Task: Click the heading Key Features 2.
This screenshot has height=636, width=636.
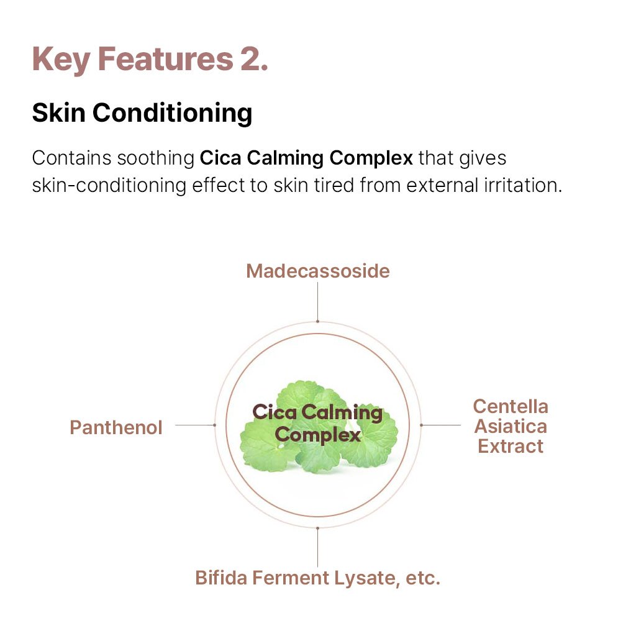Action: (x=150, y=60)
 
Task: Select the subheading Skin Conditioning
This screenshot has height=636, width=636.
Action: (x=142, y=113)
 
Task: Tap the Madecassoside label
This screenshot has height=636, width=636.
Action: (x=317, y=271)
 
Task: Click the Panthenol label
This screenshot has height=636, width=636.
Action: (x=116, y=427)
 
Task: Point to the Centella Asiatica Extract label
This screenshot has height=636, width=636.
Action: (x=511, y=426)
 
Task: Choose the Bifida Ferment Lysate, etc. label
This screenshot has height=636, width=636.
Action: (x=317, y=578)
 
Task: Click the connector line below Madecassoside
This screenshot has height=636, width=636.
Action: (x=317, y=302)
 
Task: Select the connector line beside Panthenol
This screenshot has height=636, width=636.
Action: (x=195, y=425)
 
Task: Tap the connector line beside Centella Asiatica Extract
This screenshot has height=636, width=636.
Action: (x=440, y=425)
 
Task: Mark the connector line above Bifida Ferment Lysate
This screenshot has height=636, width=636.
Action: (x=317, y=547)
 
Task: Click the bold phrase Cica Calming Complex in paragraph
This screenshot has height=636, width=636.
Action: (x=306, y=158)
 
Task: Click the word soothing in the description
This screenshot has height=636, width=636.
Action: (x=156, y=158)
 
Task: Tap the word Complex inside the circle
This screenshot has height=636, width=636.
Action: (x=317, y=435)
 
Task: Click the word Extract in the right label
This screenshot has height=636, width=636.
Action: (x=511, y=446)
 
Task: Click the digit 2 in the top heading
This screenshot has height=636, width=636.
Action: (x=250, y=60)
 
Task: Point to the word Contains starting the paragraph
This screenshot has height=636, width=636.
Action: (x=72, y=158)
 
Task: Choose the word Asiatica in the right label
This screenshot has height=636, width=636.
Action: (x=511, y=426)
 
